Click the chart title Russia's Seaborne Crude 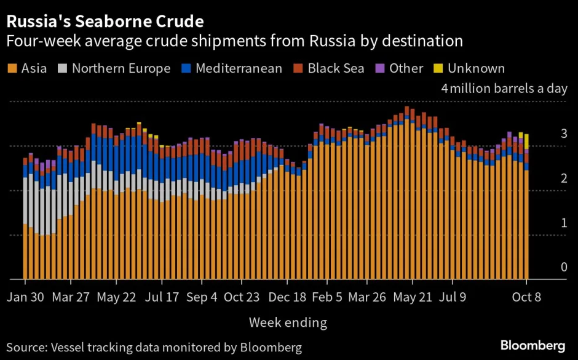pyautogui.click(x=105, y=23)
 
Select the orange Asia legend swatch pyautogui.click(x=12, y=68)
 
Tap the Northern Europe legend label pyautogui.click(x=121, y=68)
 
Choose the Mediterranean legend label pyautogui.click(x=239, y=68)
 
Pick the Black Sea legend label pyautogui.click(x=336, y=68)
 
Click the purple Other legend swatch pyautogui.click(x=380, y=68)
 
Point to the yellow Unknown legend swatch pyautogui.click(x=438, y=68)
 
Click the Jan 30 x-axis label pyautogui.click(x=25, y=297)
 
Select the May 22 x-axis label pyautogui.click(x=116, y=297)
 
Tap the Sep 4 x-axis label pyautogui.click(x=202, y=297)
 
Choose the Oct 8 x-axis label pyautogui.click(x=528, y=297)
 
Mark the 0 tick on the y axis pyautogui.click(x=563, y=267)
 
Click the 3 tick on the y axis pyautogui.click(x=563, y=134)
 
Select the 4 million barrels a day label pyautogui.click(x=504, y=89)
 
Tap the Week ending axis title pyautogui.click(x=288, y=322)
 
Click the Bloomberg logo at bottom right pyautogui.click(x=532, y=345)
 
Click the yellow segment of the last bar pyautogui.click(x=526, y=141)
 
